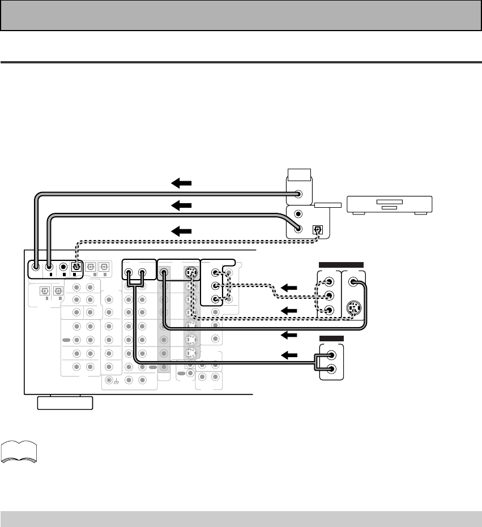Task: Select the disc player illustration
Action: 389,204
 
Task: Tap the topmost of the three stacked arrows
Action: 181,183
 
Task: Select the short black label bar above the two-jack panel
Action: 331,338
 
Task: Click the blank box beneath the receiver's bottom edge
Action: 65,402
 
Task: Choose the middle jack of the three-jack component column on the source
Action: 328,295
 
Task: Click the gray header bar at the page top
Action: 241,15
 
